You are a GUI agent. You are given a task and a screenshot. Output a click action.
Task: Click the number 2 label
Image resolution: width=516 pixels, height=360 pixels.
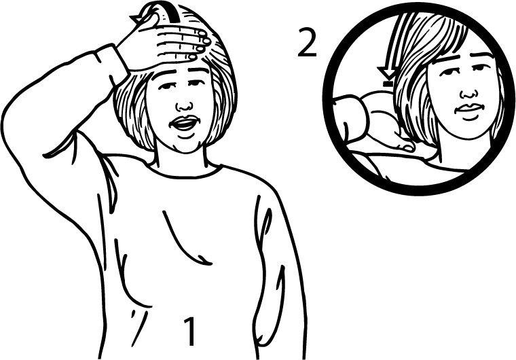pos(307,42)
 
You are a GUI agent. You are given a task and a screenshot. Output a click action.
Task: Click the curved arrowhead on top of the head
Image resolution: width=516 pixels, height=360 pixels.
pos(136,18)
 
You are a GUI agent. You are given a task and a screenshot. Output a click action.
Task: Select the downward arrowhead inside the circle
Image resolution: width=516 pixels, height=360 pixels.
pos(387,73)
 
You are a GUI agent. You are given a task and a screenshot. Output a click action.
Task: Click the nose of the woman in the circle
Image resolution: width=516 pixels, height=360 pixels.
pos(468,94)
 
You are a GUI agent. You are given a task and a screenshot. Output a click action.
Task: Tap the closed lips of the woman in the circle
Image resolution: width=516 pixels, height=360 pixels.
pos(470,109)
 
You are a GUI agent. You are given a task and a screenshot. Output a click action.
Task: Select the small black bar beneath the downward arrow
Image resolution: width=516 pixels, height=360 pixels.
pos(388,84)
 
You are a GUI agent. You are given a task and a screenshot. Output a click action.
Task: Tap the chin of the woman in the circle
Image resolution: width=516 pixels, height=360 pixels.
pos(467,130)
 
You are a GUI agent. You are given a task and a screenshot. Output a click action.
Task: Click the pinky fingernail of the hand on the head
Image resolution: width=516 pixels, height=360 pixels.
pos(193,58)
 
